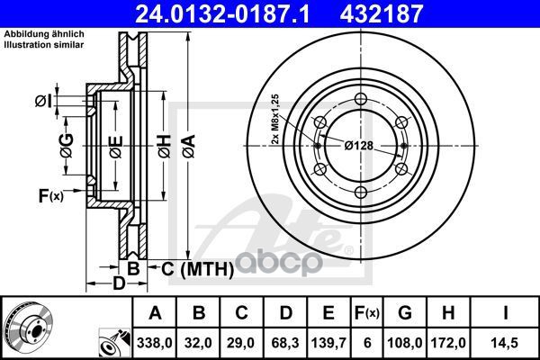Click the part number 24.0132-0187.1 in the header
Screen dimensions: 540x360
222,14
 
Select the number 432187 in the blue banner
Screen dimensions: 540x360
382,14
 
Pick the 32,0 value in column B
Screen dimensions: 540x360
198,343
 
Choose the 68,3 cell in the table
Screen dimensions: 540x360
285,343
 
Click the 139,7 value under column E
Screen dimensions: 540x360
328,343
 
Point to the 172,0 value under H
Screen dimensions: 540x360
448,343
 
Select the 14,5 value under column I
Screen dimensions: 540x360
505,343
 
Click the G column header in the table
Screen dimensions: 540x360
405,313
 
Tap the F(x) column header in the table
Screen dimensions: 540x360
367,313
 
